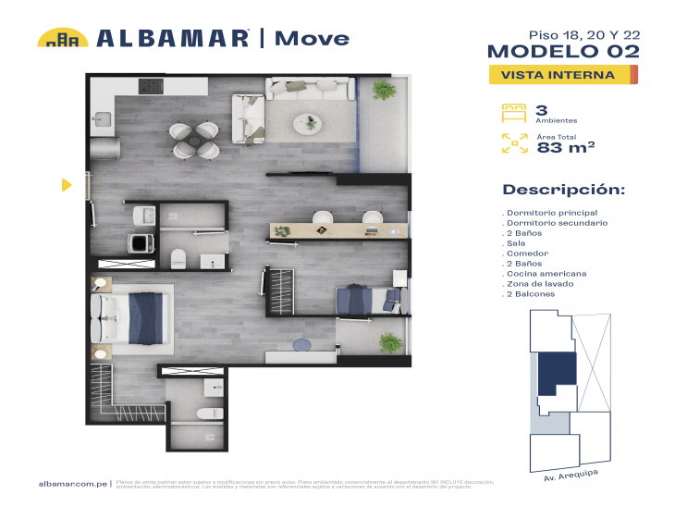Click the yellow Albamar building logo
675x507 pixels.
[x=62, y=38]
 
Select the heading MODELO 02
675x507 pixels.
[x=562, y=51]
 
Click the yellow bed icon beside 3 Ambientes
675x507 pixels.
[x=513, y=114]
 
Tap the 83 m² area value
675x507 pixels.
[x=565, y=146]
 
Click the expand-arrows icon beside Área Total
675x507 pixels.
[x=513, y=142]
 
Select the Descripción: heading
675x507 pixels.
[x=563, y=190]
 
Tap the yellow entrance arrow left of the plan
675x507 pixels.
[x=66, y=185]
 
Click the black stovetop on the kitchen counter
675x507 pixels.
[x=151, y=87]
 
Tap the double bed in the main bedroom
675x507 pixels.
[x=138, y=318]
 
